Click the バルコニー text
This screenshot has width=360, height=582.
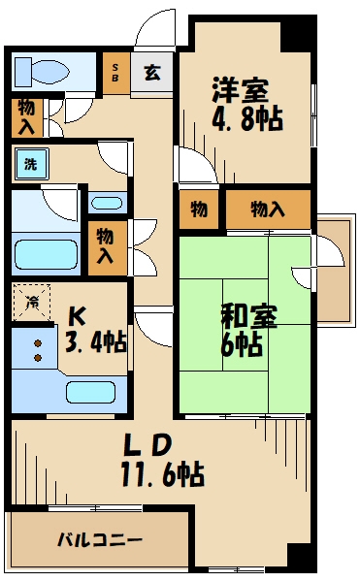[99, 538]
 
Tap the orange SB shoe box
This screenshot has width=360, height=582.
[115, 73]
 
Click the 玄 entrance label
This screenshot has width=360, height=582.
[152, 73]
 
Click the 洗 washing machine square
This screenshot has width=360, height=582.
[30, 164]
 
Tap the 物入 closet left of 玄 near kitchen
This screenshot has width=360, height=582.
[105, 246]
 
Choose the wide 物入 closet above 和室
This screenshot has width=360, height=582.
[268, 209]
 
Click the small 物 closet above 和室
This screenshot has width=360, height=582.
[198, 209]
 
